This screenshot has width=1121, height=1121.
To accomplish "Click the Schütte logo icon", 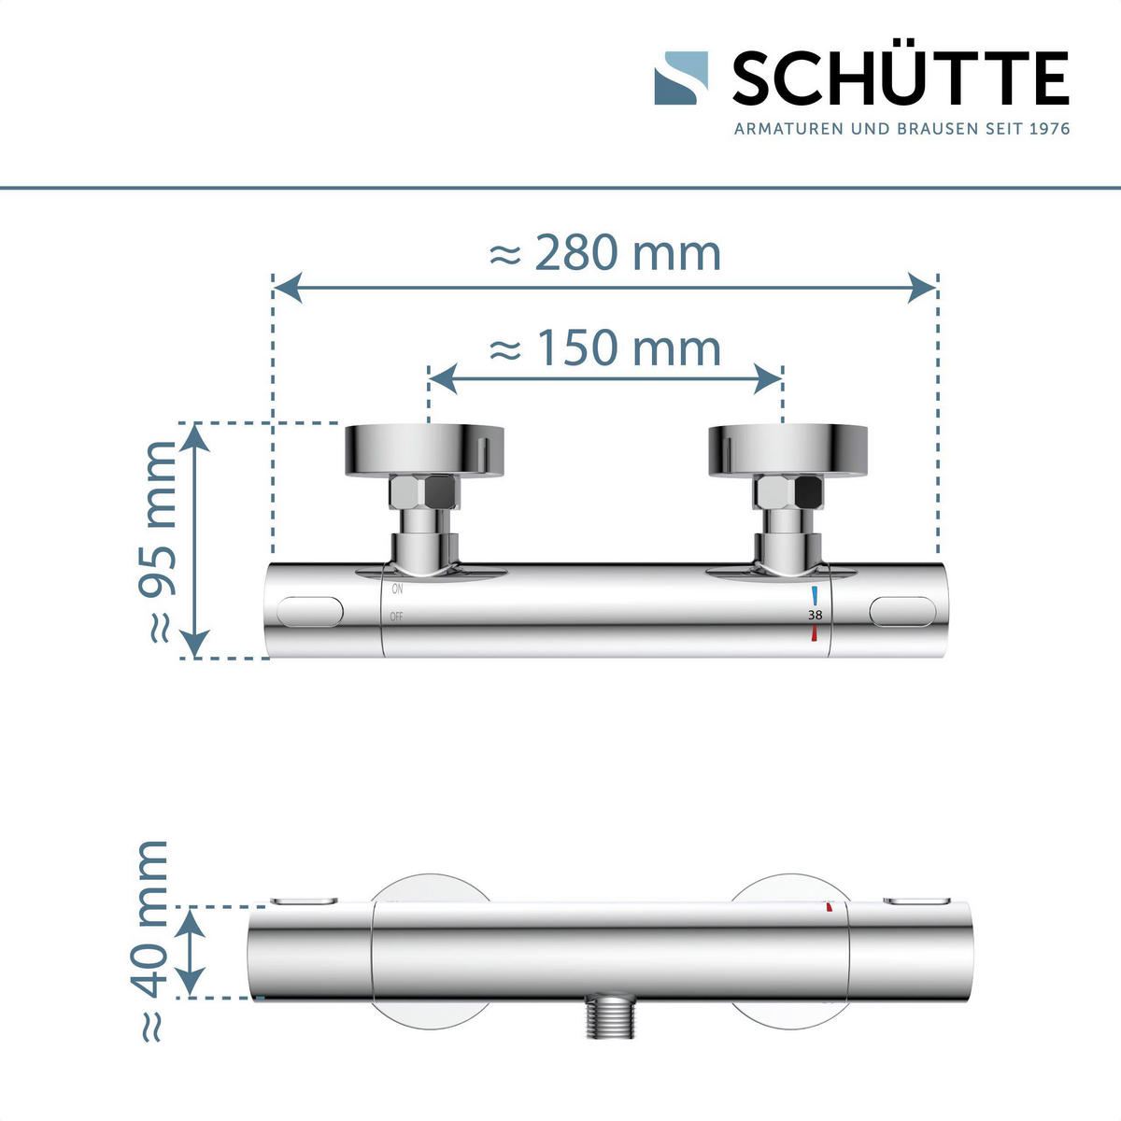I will click(680, 78).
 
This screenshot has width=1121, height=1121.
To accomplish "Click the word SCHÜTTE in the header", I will click(900, 79).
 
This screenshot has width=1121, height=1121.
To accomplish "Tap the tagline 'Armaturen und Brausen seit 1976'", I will click(901, 129).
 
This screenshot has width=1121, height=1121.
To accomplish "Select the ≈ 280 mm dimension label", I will click(605, 253).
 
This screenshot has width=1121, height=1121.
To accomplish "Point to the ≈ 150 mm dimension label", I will click(605, 348).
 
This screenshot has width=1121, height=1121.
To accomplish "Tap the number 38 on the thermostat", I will click(816, 615).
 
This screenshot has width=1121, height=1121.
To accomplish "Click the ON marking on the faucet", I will click(397, 589).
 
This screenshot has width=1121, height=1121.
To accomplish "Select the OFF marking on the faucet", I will click(397, 617).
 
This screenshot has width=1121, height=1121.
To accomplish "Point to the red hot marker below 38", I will click(815, 634).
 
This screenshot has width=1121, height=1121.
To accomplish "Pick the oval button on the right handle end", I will click(901, 612).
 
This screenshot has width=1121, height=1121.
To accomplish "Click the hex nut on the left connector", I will click(425, 492).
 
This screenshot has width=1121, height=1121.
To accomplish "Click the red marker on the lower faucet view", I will click(829, 906).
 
